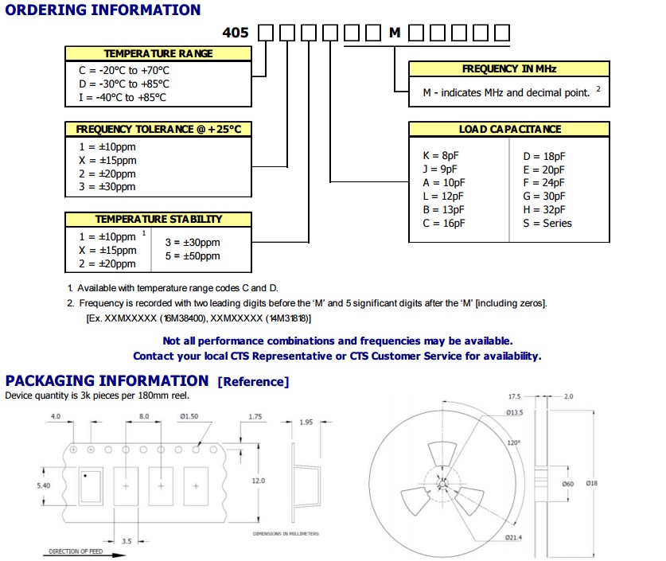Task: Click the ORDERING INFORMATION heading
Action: (x=103, y=10)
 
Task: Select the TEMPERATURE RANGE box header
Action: (x=158, y=53)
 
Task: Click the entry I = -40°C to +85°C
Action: (x=123, y=98)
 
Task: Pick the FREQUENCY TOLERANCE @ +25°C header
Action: (x=158, y=129)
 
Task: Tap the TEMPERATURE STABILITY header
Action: (x=158, y=219)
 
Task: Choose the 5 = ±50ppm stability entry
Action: (x=193, y=256)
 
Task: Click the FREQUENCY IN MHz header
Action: (x=509, y=69)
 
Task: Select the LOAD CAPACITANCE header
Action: (x=509, y=129)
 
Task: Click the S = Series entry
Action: (x=547, y=224)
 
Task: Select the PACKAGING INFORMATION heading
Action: (x=107, y=381)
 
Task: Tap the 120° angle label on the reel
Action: (x=515, y=442)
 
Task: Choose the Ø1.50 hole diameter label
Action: (x=190, y=416)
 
